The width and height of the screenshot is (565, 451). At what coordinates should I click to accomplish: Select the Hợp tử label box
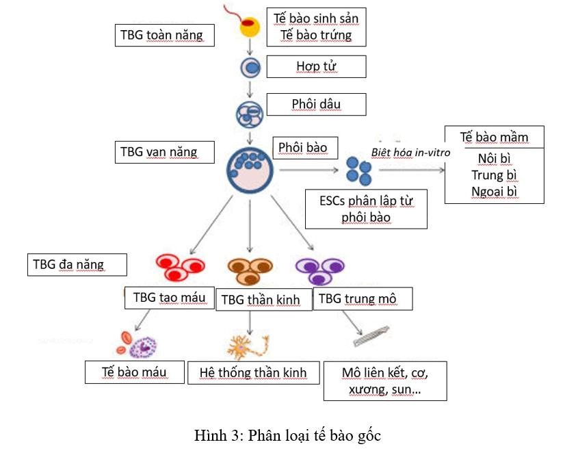(x=317, y=66)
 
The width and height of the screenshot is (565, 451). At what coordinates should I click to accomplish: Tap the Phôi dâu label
(x=317, y=104)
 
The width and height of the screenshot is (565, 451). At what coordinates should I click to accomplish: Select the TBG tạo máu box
(x=169, y=297)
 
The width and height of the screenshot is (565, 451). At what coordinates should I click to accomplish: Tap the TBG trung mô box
(x=363, y=298)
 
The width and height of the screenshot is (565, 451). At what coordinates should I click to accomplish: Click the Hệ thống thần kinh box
(x=253, y=373)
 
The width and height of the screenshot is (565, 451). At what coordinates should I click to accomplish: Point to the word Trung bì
(x=494, y=175)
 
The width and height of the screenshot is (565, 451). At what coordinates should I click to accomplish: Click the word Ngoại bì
(x=494, y=191)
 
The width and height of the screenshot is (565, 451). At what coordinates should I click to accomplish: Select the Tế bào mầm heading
(x=494, y=136)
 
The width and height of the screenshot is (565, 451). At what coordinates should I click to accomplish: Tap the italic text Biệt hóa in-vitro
(x=410, y=152)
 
